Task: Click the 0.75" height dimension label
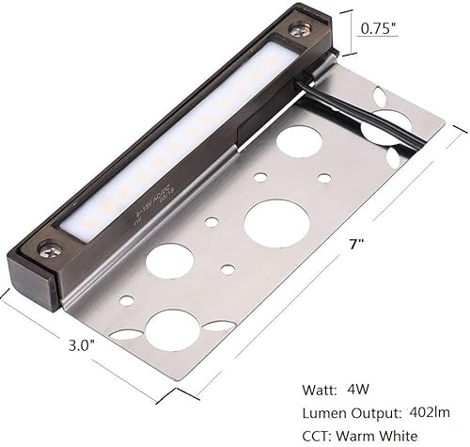(x=380, y=28)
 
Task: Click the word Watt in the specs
(x=323, y=386)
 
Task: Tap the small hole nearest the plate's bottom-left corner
(x=126, y=301)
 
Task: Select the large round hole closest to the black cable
(x=299, y=141)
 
